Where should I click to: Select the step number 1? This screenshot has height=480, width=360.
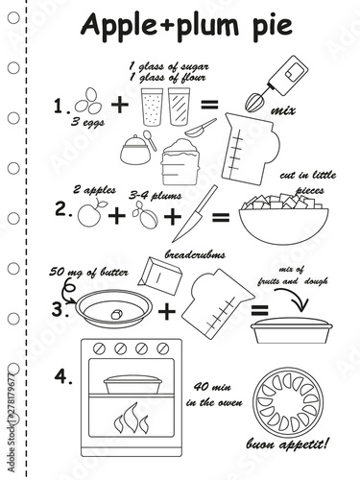(60, 107)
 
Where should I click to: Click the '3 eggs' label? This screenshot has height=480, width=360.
(87, 123)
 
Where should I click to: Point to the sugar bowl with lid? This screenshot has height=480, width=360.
(135, 150)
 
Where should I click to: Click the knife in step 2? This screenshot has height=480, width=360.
(195, 214)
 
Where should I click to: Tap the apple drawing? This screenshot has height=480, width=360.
(90, 213)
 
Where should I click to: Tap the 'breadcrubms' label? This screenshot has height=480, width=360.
(195, 254)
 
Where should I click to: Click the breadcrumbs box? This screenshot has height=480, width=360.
(160, 276)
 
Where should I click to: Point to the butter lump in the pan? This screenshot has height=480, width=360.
(116, 314)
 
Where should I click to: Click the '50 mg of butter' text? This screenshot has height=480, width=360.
(88, 273)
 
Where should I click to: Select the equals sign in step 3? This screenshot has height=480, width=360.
(259, 310)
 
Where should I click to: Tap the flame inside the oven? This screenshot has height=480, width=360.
(132, 418)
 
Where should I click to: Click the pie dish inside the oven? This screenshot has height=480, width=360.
(132, 384)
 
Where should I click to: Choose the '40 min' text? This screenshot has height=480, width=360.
(212, 387)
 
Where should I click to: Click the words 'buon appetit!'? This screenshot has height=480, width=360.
(287, 444)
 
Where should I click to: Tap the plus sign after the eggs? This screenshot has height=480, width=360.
(120, 104)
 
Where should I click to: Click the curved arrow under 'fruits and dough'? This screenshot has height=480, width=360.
(296, 296)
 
